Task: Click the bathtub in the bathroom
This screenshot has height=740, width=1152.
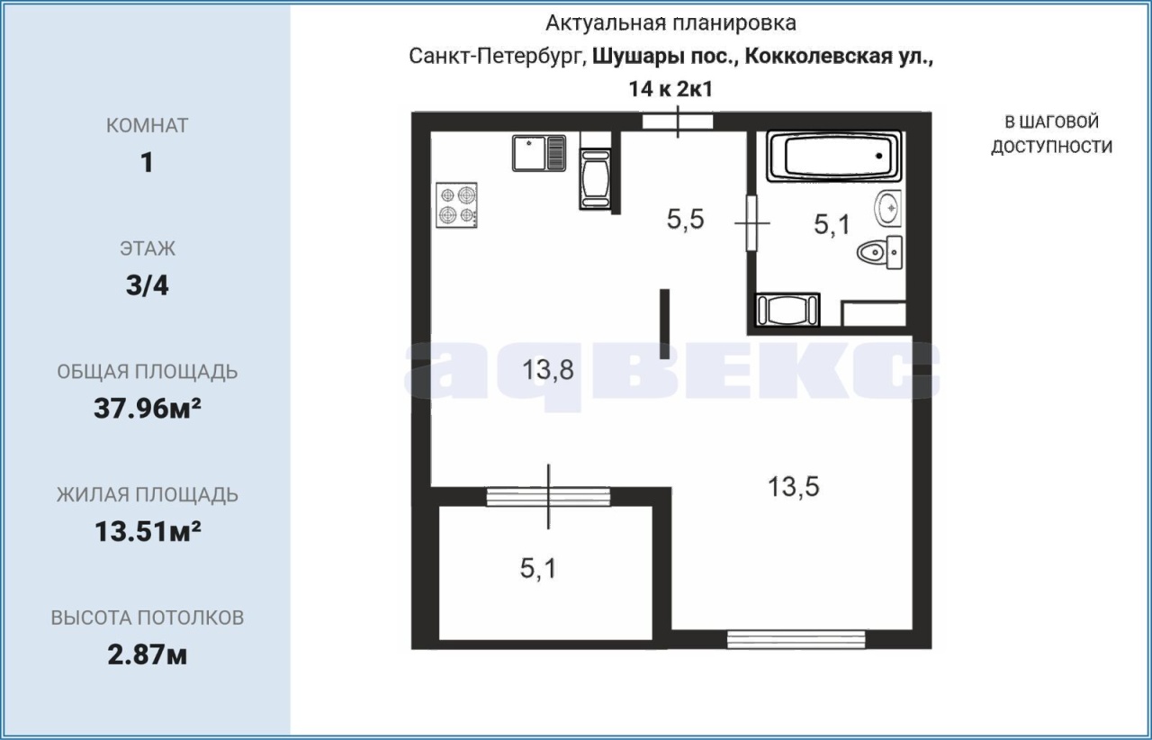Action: [x=833, y=156]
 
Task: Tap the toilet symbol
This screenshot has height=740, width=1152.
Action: [x=880, y=252]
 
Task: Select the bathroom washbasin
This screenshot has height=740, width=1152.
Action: [x=887, y=208]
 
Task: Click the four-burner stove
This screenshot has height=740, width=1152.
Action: [x=456, y=205]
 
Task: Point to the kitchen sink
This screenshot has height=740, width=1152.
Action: [x=539, y=153]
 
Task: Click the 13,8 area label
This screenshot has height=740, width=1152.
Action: [x=548, y=369]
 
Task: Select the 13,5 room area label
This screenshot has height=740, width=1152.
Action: [x=793, y=486]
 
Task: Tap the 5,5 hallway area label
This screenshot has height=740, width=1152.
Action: [x=685, y=220]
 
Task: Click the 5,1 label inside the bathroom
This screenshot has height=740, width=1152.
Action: [x=832, y=224]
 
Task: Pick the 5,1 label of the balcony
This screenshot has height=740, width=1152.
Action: [x=538, y=569]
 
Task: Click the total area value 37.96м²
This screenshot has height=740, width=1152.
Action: [x=147, y=409]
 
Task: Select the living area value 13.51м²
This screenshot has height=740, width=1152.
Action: [x=148, y=531]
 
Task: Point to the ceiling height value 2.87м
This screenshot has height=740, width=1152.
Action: [x=147, y=654]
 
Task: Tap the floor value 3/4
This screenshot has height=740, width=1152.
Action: [x=147, y=285]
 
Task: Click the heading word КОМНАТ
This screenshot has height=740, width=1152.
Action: [x=147, y=125]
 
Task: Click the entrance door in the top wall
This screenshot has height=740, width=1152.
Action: [x=678, y=122]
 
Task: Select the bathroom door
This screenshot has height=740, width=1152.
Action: [x=751, y=223]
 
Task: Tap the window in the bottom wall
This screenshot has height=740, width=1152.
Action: [x=796, y=639]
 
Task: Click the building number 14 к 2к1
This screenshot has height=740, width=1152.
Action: [x=670, y=89]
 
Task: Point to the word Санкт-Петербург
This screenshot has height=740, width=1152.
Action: [x=498, y=56]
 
